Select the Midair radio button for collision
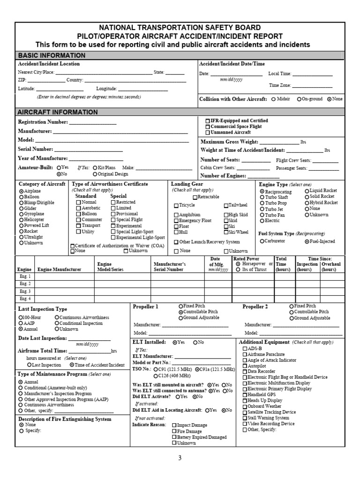pos(273,99)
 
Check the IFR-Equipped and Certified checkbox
pos(208,120)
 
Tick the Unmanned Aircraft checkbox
pos(208,133)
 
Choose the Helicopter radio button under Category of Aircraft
pos(21,220)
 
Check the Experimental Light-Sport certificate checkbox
pos(113,238)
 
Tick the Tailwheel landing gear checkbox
pos(226,205)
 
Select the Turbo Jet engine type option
pos(262,209)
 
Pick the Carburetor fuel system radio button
pos(262,241)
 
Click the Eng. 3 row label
pos(25,291)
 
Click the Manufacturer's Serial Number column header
pos(170,267)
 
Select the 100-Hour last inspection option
pos(21,317)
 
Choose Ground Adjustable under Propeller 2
pos(291,318)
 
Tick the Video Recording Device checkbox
pos(244,424)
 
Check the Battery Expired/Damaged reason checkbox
pos(174,437)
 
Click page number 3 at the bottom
pos(180,458)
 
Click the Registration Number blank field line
pos(92,123)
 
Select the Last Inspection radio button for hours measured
pos(30,365)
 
